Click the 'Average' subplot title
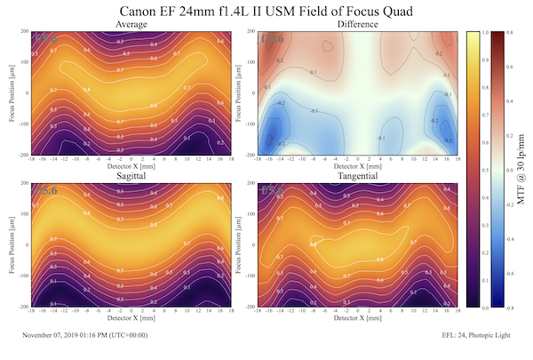131,25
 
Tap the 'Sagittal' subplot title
131,178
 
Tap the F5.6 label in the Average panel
44,38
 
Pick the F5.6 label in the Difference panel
271,38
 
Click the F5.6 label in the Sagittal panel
44,191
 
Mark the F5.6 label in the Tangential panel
271,191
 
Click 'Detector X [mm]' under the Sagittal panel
131,319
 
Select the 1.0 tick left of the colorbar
461,32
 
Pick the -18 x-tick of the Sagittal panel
32,311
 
